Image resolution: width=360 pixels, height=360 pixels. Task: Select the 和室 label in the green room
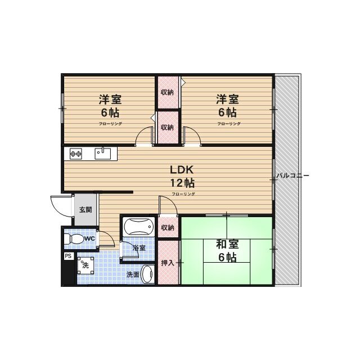227,245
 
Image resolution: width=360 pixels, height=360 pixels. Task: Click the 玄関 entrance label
85,210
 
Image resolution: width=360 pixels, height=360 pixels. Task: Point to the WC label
89,239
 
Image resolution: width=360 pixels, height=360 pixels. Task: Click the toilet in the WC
71,239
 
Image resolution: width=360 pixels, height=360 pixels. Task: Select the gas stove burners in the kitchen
76,152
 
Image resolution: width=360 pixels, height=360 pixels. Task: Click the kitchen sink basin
103,151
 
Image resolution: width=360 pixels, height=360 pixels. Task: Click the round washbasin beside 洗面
147,275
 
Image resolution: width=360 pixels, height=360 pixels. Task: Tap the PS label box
67,256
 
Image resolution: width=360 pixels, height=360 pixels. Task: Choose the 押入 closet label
168,263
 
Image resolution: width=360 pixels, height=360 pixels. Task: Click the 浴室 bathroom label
138,247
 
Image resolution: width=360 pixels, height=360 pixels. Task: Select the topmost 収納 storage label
167,92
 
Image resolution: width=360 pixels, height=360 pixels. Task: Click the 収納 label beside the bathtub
167,227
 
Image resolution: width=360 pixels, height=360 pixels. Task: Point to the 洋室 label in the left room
110,100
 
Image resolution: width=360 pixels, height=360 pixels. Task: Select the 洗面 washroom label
133,275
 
